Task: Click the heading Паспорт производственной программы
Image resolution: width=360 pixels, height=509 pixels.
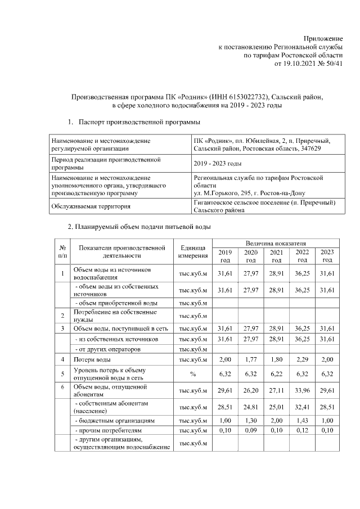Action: pyautogui.click(x=139, y=121)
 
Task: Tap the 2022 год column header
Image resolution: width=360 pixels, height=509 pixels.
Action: pyautogui.click(x=302, y=256)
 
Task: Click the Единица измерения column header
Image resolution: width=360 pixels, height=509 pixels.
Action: pyautogui.click(x=193, y=251)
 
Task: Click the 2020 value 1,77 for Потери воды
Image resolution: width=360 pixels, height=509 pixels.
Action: pyautogui.click(x=251, y=359)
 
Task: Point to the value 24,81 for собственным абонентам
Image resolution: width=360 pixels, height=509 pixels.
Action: pyautogui.click(x=251, y=407)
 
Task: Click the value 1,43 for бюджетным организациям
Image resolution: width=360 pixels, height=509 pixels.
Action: pyautogui.click(x=302, y=421)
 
